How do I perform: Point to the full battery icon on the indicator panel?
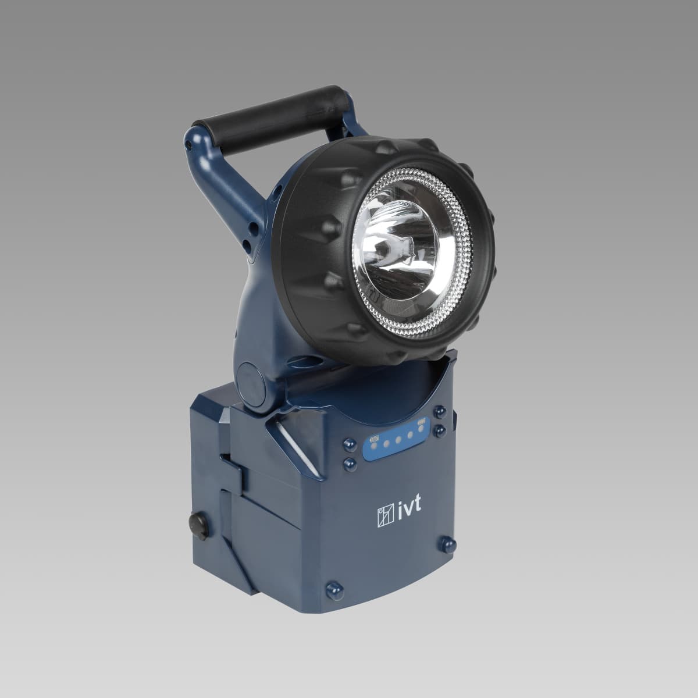421,422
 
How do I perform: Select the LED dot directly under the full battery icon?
421,429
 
